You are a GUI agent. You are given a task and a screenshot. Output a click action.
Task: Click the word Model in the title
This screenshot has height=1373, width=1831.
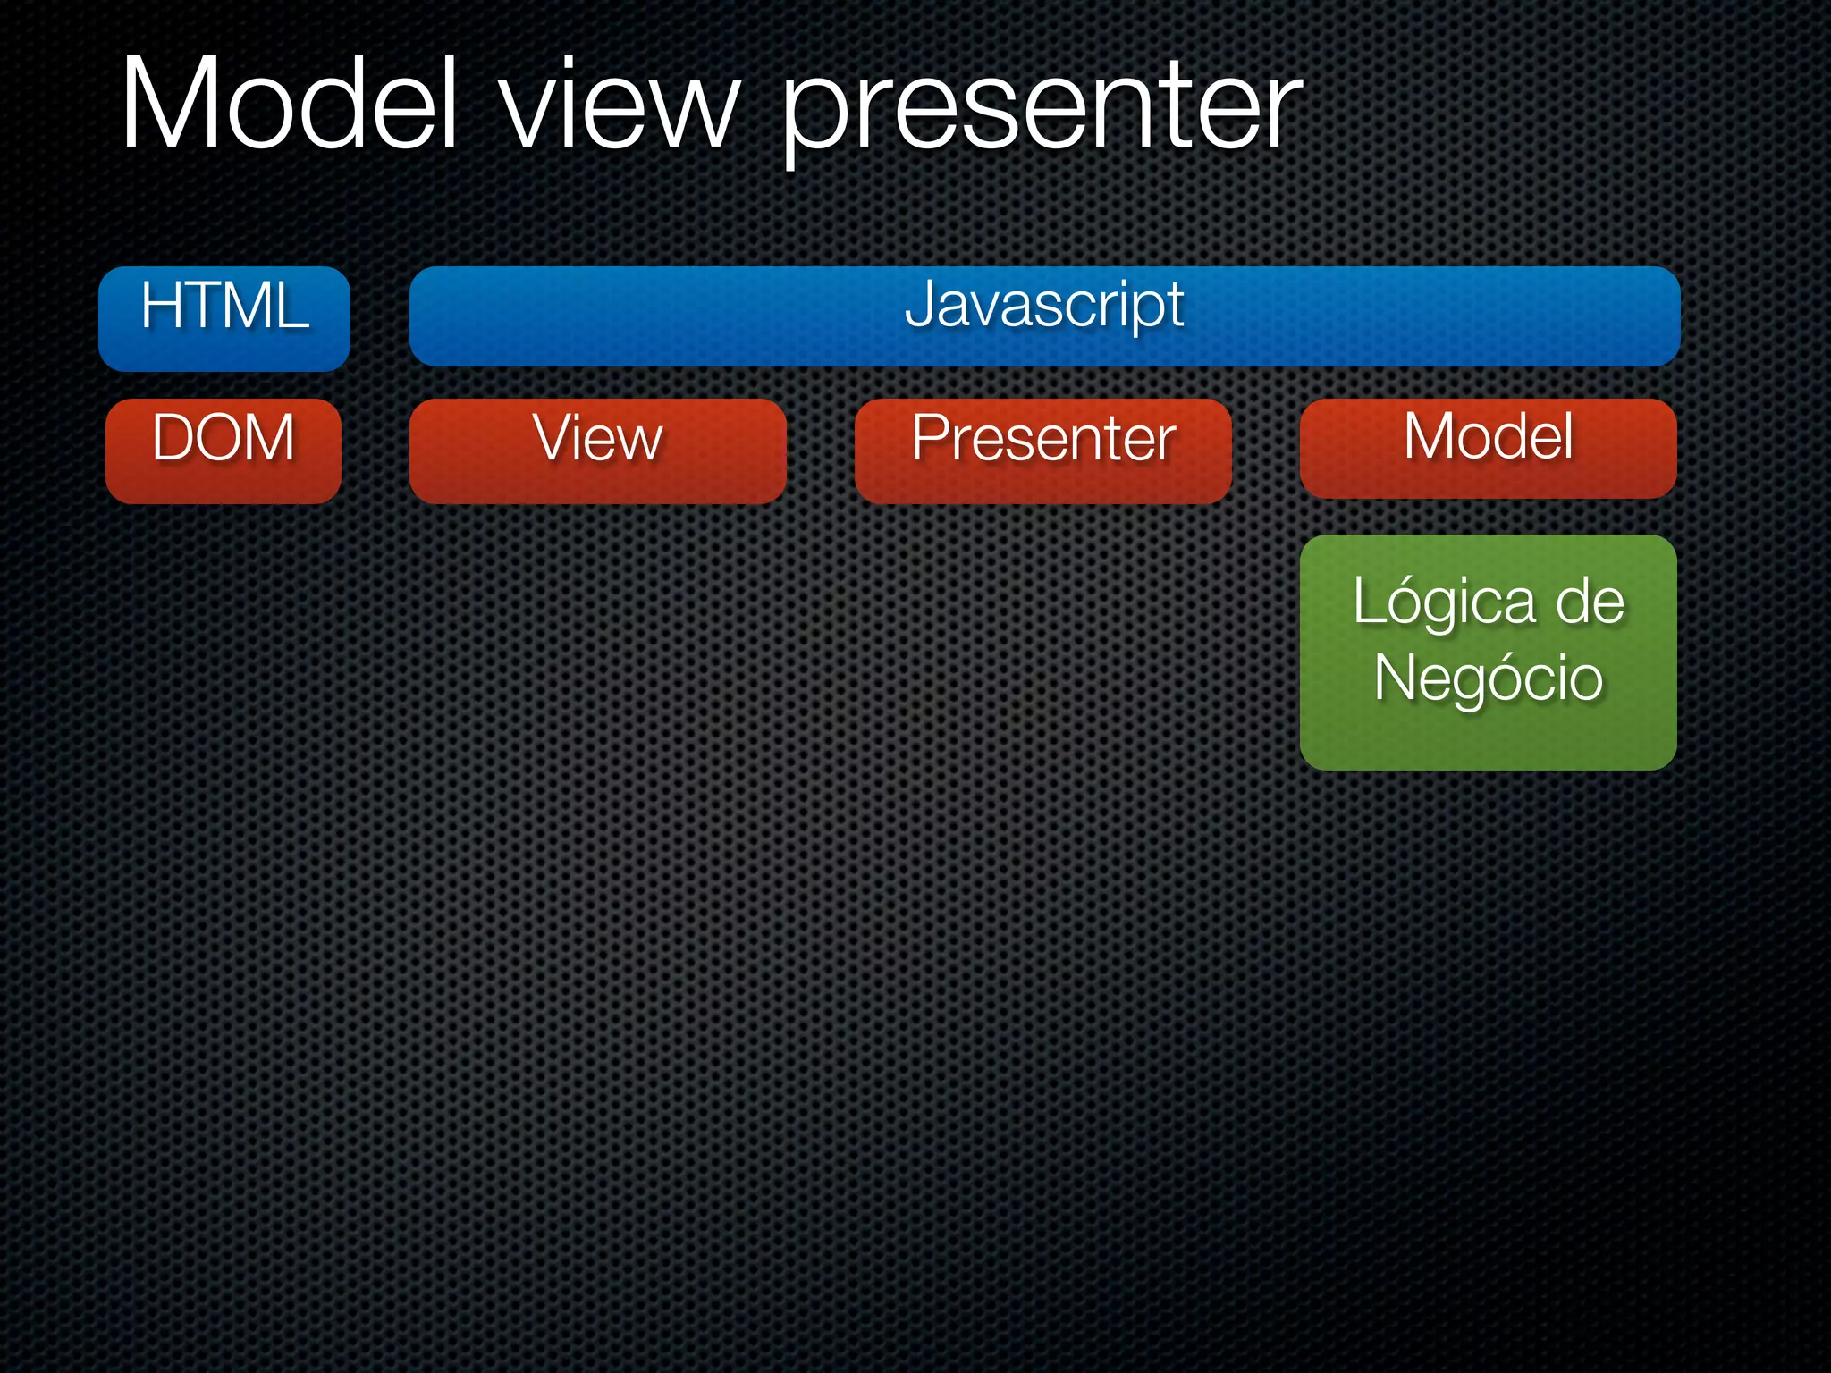pyautogui.click(x=289, y=103)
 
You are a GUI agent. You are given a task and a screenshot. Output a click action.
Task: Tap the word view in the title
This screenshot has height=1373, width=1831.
pyautogui.click(x=620, y=107)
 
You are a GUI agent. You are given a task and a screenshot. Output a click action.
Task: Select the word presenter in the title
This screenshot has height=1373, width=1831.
pyautogui.click(x=1042, y=112)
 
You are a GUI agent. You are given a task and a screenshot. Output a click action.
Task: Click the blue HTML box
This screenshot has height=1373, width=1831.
pyautogui.click(x=224, y=319)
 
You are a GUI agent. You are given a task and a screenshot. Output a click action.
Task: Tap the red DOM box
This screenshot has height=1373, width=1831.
pyautogui.click(x=224, y=451)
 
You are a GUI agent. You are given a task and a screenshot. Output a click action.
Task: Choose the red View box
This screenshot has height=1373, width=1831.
pyautogui.click(x=597, y=451)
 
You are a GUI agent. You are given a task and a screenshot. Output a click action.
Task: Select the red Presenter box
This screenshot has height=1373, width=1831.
pyautogui.click(x=1042, y=451)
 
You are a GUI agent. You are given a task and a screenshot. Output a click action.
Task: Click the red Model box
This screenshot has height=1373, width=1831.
pyautogui.click(x=1488, y=449)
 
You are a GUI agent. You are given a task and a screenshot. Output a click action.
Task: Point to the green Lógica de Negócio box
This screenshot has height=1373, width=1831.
pyautogui.click(x=1488, y=653)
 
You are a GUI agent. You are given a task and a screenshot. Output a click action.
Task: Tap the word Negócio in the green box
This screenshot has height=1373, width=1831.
pyautogui.click(x=1488, y=678)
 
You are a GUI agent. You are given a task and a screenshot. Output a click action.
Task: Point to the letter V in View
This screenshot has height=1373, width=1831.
pyautogui.click(x=552, y=437)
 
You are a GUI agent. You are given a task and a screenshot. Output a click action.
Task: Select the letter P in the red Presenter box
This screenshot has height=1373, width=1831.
pyautogui.click(x=927, y=438)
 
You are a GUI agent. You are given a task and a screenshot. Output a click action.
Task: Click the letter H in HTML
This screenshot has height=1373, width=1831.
pyautogui.click(x=162, y=306)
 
